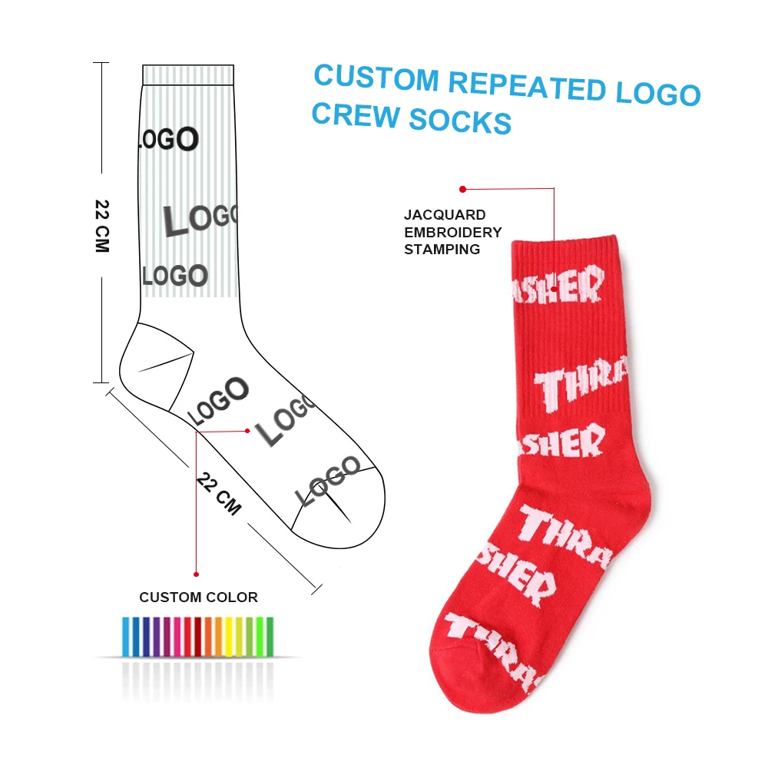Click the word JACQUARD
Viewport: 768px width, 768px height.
445,215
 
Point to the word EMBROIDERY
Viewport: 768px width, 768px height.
452,232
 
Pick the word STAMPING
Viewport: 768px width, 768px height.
442,249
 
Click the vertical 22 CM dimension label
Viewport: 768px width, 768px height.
102,226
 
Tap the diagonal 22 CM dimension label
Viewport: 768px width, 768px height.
219,494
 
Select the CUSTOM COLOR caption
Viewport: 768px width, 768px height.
198,597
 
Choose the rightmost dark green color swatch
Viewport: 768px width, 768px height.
269,636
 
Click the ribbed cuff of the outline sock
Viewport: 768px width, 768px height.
188,74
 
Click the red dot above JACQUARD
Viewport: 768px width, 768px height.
462,189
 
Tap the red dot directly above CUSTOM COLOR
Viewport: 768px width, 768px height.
197,574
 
